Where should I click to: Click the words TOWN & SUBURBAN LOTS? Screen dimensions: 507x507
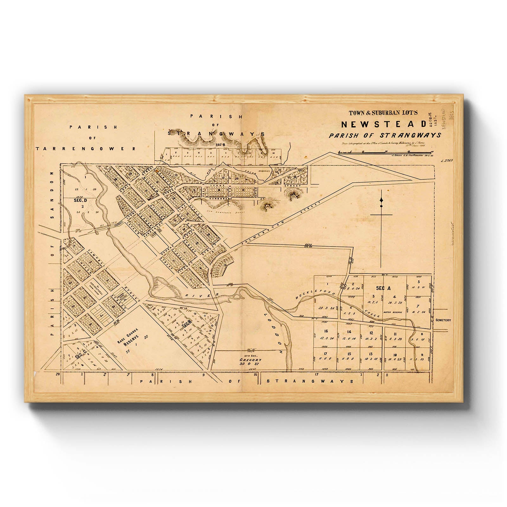[x=383, y=112]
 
